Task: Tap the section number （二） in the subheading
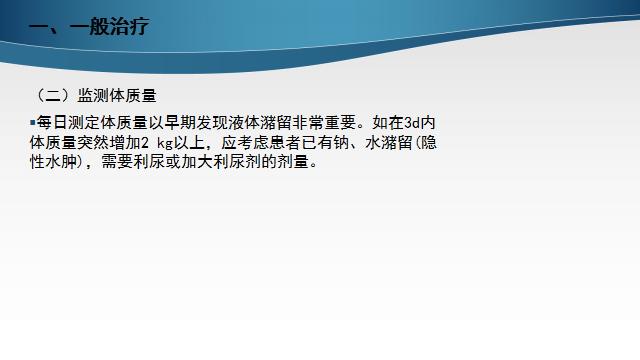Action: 49,96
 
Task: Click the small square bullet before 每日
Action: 32,121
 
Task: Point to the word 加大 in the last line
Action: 196,163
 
